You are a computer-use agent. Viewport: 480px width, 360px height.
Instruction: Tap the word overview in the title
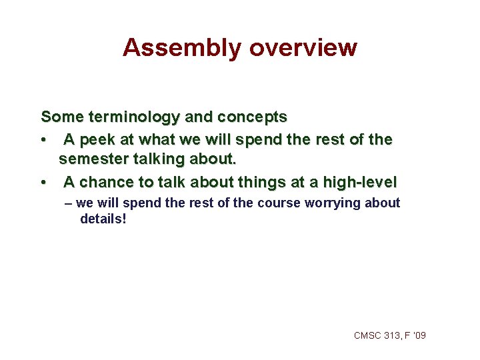(x=303, y=48)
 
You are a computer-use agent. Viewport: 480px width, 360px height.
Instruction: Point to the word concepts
(x=253, y=117)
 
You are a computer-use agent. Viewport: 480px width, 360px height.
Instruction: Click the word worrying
(x=333, y=203)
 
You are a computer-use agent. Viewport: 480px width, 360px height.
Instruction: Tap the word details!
(x=103, y=219)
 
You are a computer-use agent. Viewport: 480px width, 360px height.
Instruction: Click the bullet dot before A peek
(x=43, y=141)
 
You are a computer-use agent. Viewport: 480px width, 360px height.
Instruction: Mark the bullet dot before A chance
(x=43, y=183)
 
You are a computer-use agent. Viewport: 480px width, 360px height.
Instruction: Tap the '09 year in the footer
(x=419, y=335)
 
